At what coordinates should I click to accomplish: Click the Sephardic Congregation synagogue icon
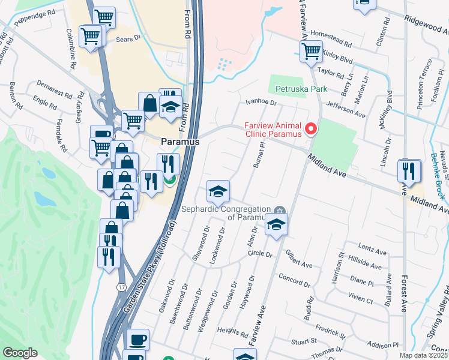279,209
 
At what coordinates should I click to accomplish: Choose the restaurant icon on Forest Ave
409,171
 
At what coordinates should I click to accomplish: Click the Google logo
20,352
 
